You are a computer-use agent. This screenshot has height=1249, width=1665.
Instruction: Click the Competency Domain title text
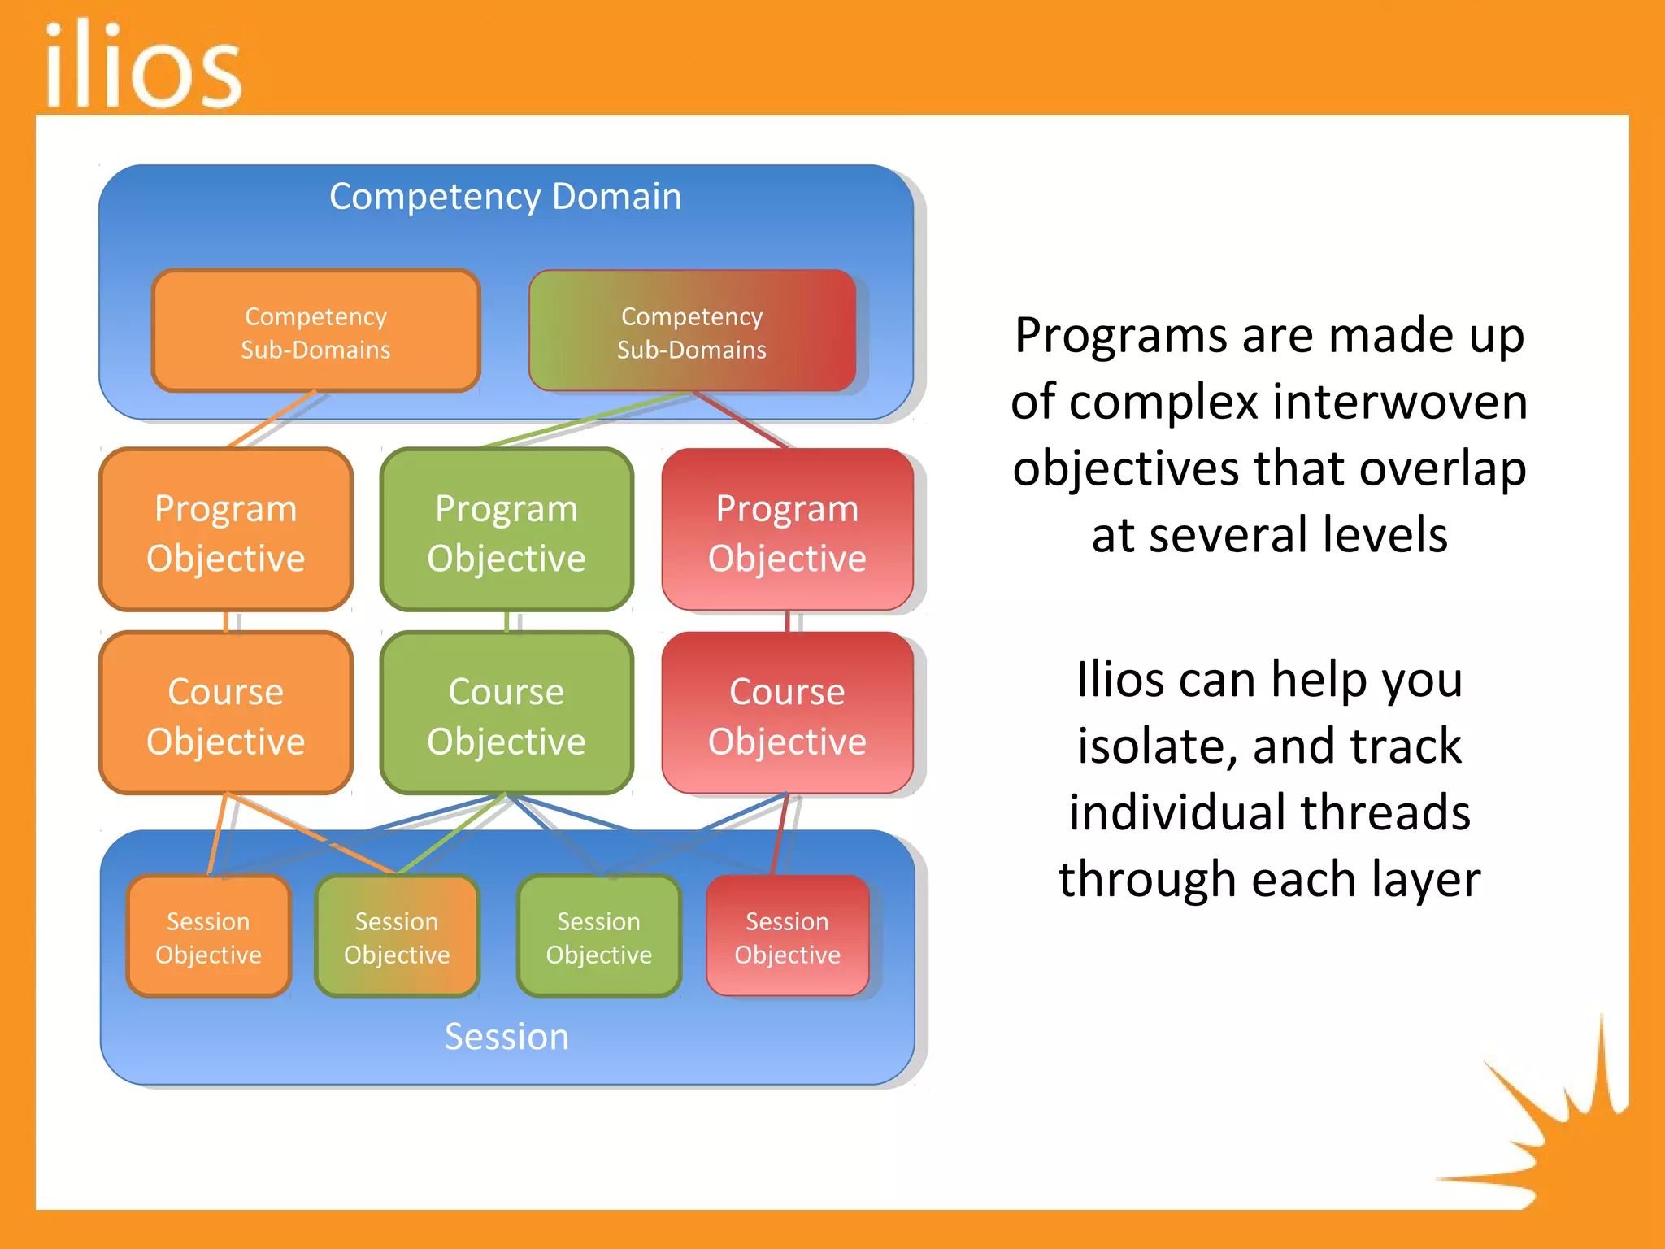pos(505,197)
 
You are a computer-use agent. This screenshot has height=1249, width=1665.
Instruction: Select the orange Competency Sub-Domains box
pos(315,332)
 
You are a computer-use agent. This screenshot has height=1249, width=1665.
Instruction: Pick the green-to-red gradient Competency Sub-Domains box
pos(692,332)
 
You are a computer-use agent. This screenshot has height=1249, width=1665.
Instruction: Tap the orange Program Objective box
pos(226,532)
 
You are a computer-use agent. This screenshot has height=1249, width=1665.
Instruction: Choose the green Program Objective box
pos(506,532)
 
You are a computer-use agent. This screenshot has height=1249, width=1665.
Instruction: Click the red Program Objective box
pos(787,532)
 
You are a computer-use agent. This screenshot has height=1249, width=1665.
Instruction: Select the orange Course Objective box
pos(226,715)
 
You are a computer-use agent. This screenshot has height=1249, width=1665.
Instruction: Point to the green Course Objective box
pos(506,715)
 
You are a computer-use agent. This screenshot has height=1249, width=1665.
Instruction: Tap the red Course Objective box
pos(787,715)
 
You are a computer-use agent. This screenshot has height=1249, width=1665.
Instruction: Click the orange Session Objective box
pos(209,937)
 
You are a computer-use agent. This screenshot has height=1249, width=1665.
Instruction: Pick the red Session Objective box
pos(787,937)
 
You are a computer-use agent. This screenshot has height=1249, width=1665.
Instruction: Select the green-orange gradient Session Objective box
pos(397,937)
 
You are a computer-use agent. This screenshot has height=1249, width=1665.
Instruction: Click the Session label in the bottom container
pos(506,1037)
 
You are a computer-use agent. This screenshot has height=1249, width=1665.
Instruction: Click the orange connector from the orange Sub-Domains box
pos(272,420)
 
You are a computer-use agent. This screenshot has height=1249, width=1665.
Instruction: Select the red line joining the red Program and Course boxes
pos(787,621)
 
